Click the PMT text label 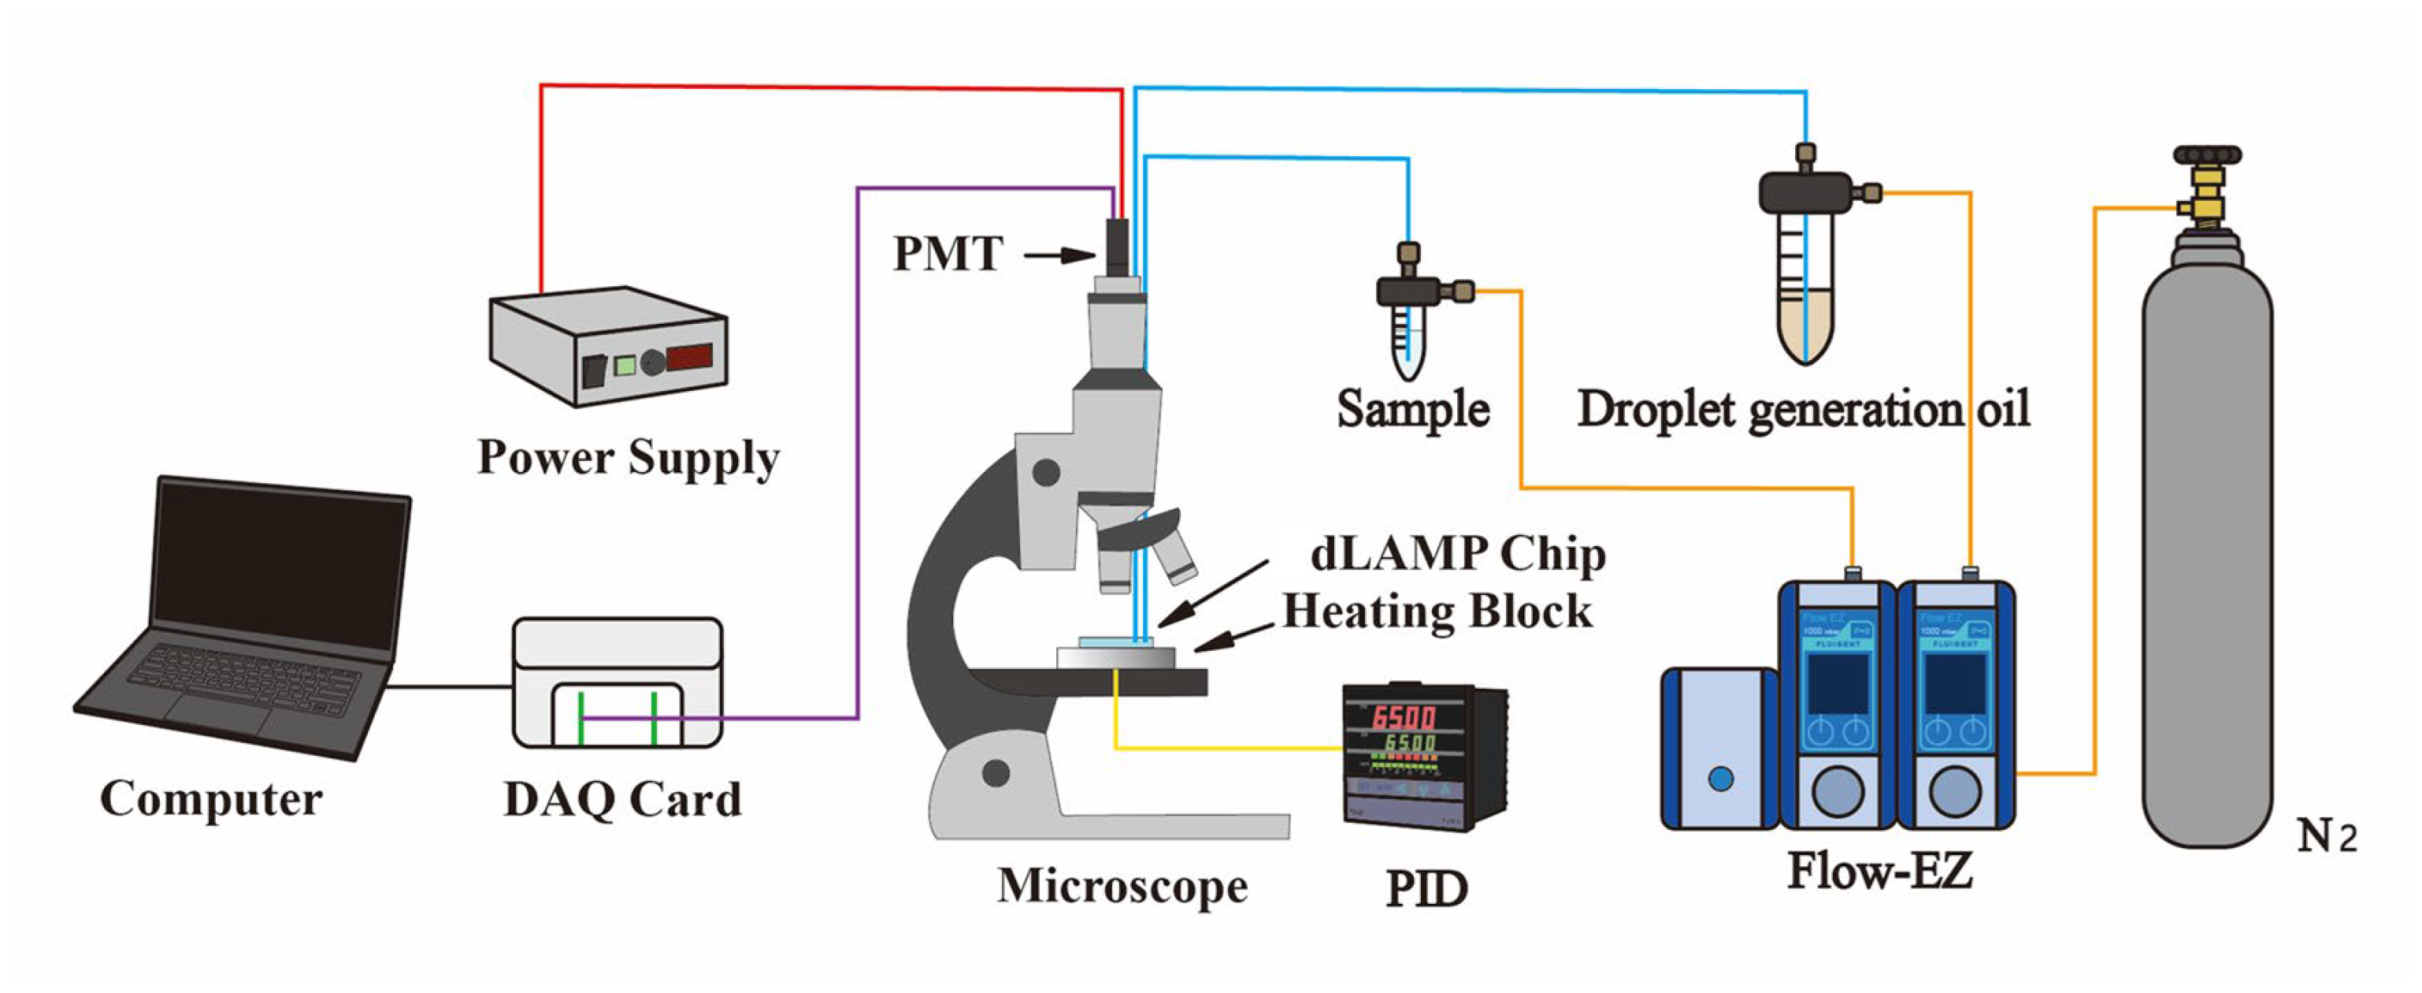coord(948,254)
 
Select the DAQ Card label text coord(622,800)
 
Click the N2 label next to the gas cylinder coord(2326,836)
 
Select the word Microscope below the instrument coord(1122,886)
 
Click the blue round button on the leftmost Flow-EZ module coord(1720,779)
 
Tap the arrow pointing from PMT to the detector coord(1059,255)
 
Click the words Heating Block coord(1437,612)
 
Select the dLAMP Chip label coord(1457,555)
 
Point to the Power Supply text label coord(628,458)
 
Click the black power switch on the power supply coord(592,370)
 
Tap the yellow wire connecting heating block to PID coord(1222,749)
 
